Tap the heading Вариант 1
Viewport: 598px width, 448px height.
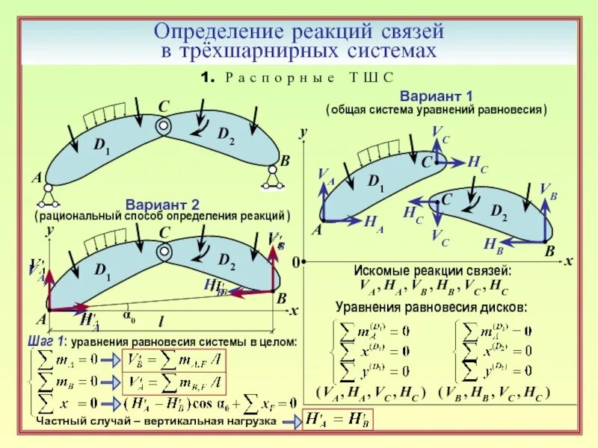437,97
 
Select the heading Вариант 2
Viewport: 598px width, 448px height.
162,204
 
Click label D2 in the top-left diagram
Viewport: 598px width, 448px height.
226,134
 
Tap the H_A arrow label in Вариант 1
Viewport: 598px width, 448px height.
374,223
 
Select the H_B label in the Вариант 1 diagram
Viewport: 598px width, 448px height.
493,243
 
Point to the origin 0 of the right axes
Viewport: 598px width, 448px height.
295,263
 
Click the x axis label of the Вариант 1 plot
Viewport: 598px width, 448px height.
568,261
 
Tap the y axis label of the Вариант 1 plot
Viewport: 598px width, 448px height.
303,133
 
